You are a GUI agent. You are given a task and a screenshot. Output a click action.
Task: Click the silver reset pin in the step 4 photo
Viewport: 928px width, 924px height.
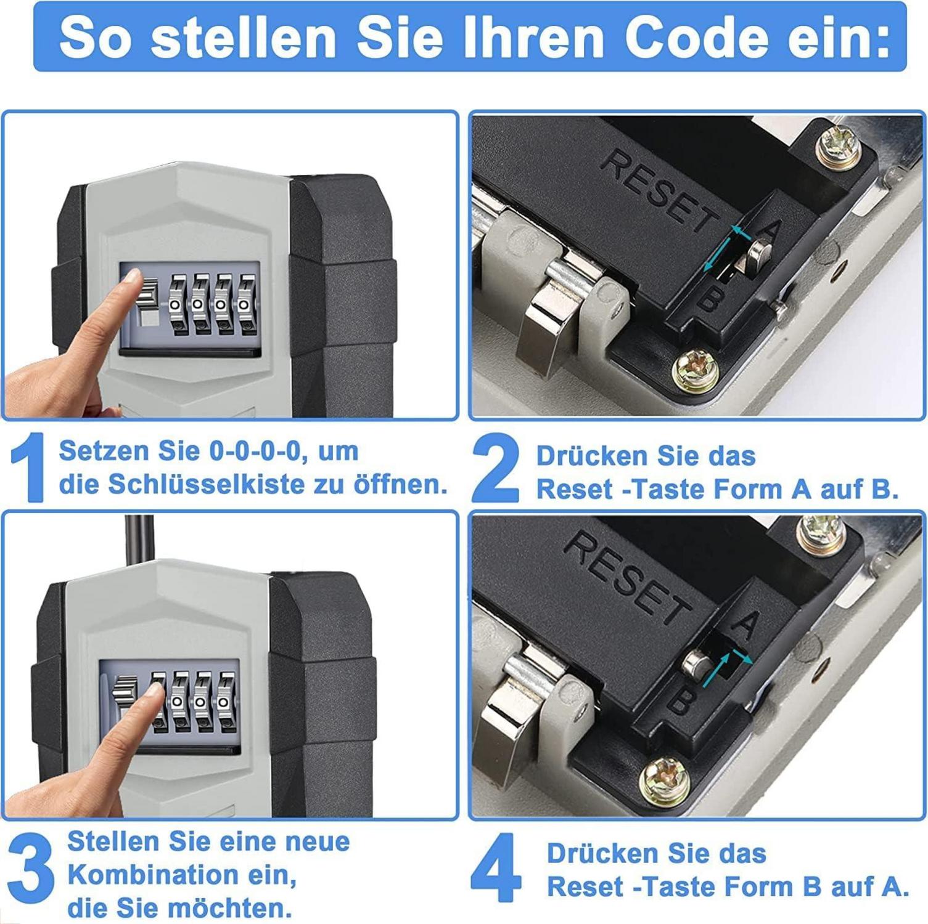(697, 664)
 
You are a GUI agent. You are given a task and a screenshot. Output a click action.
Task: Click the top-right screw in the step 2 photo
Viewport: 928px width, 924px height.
(838, 148)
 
